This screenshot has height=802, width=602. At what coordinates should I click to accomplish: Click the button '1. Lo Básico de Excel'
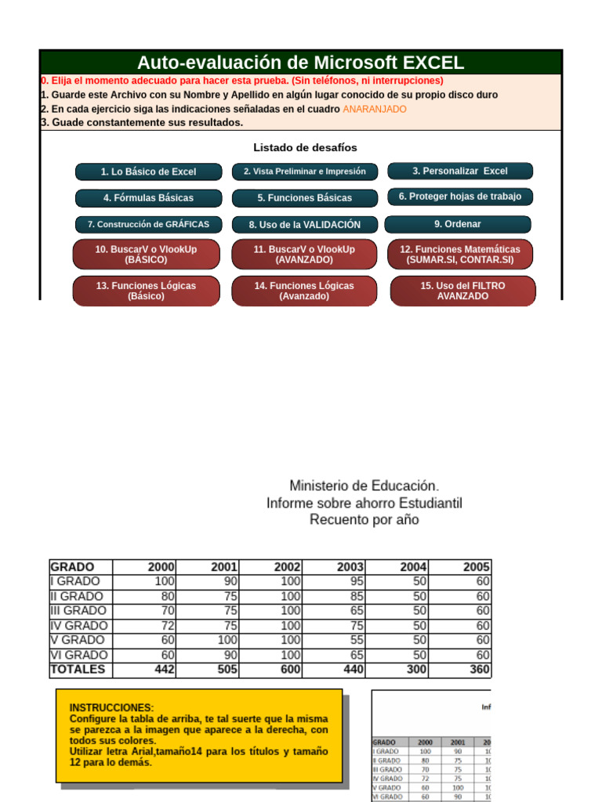click(148, 172)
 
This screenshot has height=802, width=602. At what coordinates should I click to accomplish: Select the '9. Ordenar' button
click(458, 224)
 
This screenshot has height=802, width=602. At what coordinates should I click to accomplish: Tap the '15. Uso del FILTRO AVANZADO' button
click(462, 291)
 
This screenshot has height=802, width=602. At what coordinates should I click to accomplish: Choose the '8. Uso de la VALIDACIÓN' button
click(304, 225)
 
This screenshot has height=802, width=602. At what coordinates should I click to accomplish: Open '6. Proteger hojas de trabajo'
click(459, 197)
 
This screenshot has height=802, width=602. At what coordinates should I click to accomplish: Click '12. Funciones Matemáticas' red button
click(460, 254)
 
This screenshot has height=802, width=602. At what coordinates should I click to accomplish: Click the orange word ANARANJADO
click(375, 109)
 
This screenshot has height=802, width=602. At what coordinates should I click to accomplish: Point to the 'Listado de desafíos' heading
click(305, 147)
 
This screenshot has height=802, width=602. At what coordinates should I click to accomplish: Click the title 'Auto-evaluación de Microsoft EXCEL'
click(300, 63)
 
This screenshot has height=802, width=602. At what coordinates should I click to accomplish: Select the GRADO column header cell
click(72, 567)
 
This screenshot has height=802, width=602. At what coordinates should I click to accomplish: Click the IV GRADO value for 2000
click(163, 626)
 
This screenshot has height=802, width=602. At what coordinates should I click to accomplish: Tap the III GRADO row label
click(78, 611)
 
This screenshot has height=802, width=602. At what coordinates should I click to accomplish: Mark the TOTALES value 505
click(224, 670)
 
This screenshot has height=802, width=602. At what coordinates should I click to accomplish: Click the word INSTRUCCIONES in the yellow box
click(111, 707)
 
